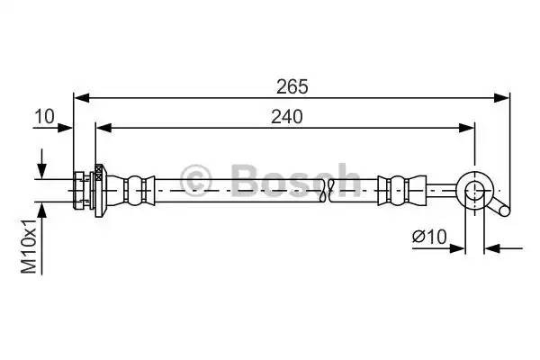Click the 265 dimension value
[292, 86]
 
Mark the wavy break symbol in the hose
[330, 187]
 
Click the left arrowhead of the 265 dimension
[78, 96]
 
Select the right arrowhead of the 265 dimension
[504, 96]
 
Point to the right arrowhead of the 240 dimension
[469, 128]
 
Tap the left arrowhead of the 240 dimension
[101, 128]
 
